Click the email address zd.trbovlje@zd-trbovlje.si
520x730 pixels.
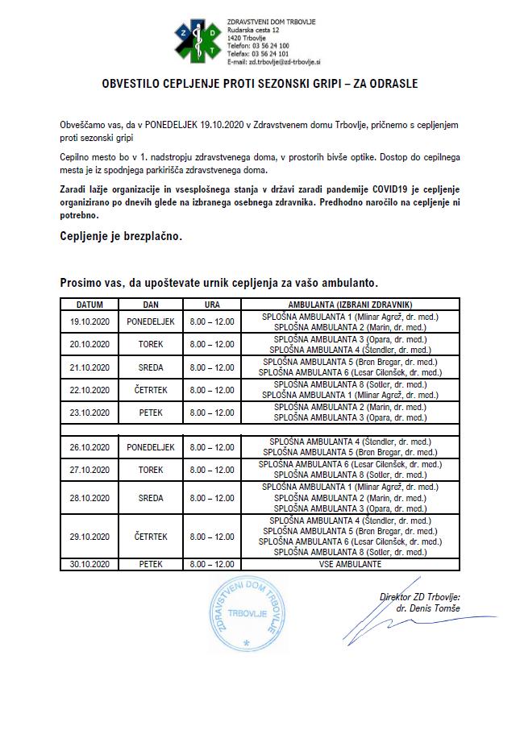click(x=274, y=61)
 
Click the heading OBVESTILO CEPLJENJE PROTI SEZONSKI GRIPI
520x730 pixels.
click(x=260, y=83)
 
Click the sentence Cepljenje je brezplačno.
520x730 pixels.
click(x=121, y=236)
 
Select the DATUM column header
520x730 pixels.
click(x=89, y=305)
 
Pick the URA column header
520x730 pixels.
click(x=211, y=305)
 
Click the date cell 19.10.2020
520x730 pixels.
click(x=89, y=322)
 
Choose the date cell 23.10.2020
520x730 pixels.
click(x=89, y=413)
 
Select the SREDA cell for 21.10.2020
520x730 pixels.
click(x=151, y=367)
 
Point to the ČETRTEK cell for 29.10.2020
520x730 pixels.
click(x=151, y=536)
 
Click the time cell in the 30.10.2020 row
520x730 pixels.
click(x=211, y=564)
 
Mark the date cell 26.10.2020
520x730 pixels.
click(x=89, y=446)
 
